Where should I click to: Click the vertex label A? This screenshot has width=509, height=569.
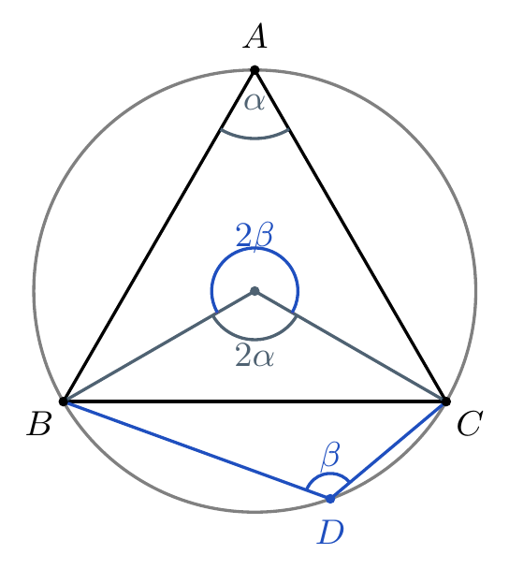(x=255, y=36)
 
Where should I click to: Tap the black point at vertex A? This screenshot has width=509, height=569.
(x=254, y=70)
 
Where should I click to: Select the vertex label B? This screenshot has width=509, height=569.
(x=38, y=423)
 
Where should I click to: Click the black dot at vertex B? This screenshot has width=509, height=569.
(x=64, y=401)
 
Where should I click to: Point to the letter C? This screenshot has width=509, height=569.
(x=470, y=423)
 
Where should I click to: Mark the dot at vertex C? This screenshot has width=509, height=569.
(x=446, y=401)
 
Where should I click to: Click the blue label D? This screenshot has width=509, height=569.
(x=330, y=532)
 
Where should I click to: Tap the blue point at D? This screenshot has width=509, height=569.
(x=330, y=499)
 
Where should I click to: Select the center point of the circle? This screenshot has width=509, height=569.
(x=254, y=291)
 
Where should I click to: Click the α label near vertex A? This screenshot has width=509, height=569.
(x=254, y=102)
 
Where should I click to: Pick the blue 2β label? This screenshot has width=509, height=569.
(x=254, y=235)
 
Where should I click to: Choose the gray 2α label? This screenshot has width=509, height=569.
(x=254, y=355)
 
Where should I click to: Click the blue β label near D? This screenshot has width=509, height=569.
(x=330, y=456)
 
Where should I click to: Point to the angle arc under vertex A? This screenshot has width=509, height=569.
(x=254, y=138)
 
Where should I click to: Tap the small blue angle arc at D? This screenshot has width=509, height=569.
(x=328, y=474)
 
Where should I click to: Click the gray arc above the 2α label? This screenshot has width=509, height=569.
(x=254, y=340)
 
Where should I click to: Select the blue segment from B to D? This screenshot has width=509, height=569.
(x=196, y=450)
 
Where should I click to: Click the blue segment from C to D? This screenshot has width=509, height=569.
(x=388, y=450)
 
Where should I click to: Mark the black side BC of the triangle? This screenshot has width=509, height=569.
(x=254, y=401)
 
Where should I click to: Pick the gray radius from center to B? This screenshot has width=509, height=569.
(x=159, y=346)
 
